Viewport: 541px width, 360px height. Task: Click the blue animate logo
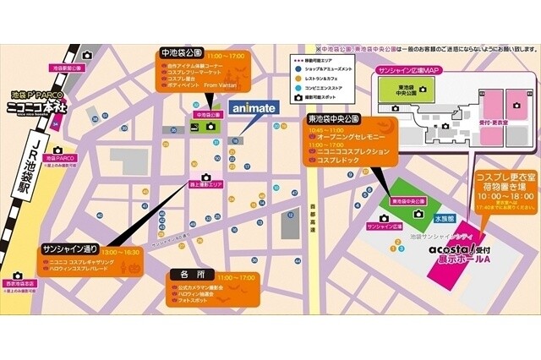(x=253, y=108)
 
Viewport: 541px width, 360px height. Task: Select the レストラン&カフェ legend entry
(x=322, y=78)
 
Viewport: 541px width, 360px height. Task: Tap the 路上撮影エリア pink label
(x=206, y=183)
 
